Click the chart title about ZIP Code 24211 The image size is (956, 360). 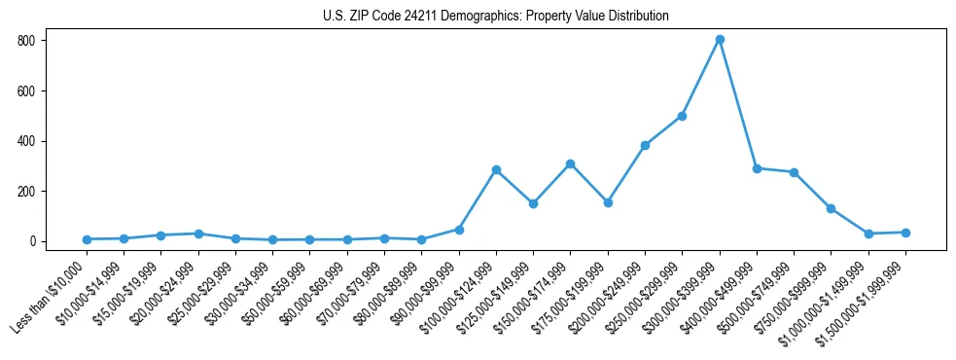point(496,17)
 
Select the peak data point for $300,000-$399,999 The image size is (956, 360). point(720,40)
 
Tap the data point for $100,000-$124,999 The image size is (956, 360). point(496,169)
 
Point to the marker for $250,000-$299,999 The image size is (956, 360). point(683,116)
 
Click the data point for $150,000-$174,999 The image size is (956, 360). point(571,163)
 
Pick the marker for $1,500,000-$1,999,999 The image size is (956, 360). point(905,233)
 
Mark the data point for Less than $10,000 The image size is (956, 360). point(87,239)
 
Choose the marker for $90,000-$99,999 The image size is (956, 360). point(459,230)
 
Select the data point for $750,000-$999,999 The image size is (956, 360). point(832,208)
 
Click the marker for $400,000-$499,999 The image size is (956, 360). point(757,168)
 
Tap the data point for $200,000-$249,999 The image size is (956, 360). point(645,145)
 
